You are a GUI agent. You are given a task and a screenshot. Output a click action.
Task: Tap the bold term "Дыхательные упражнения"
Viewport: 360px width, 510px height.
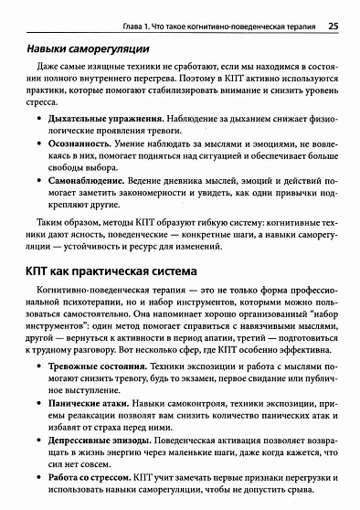tap(90, 120)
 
